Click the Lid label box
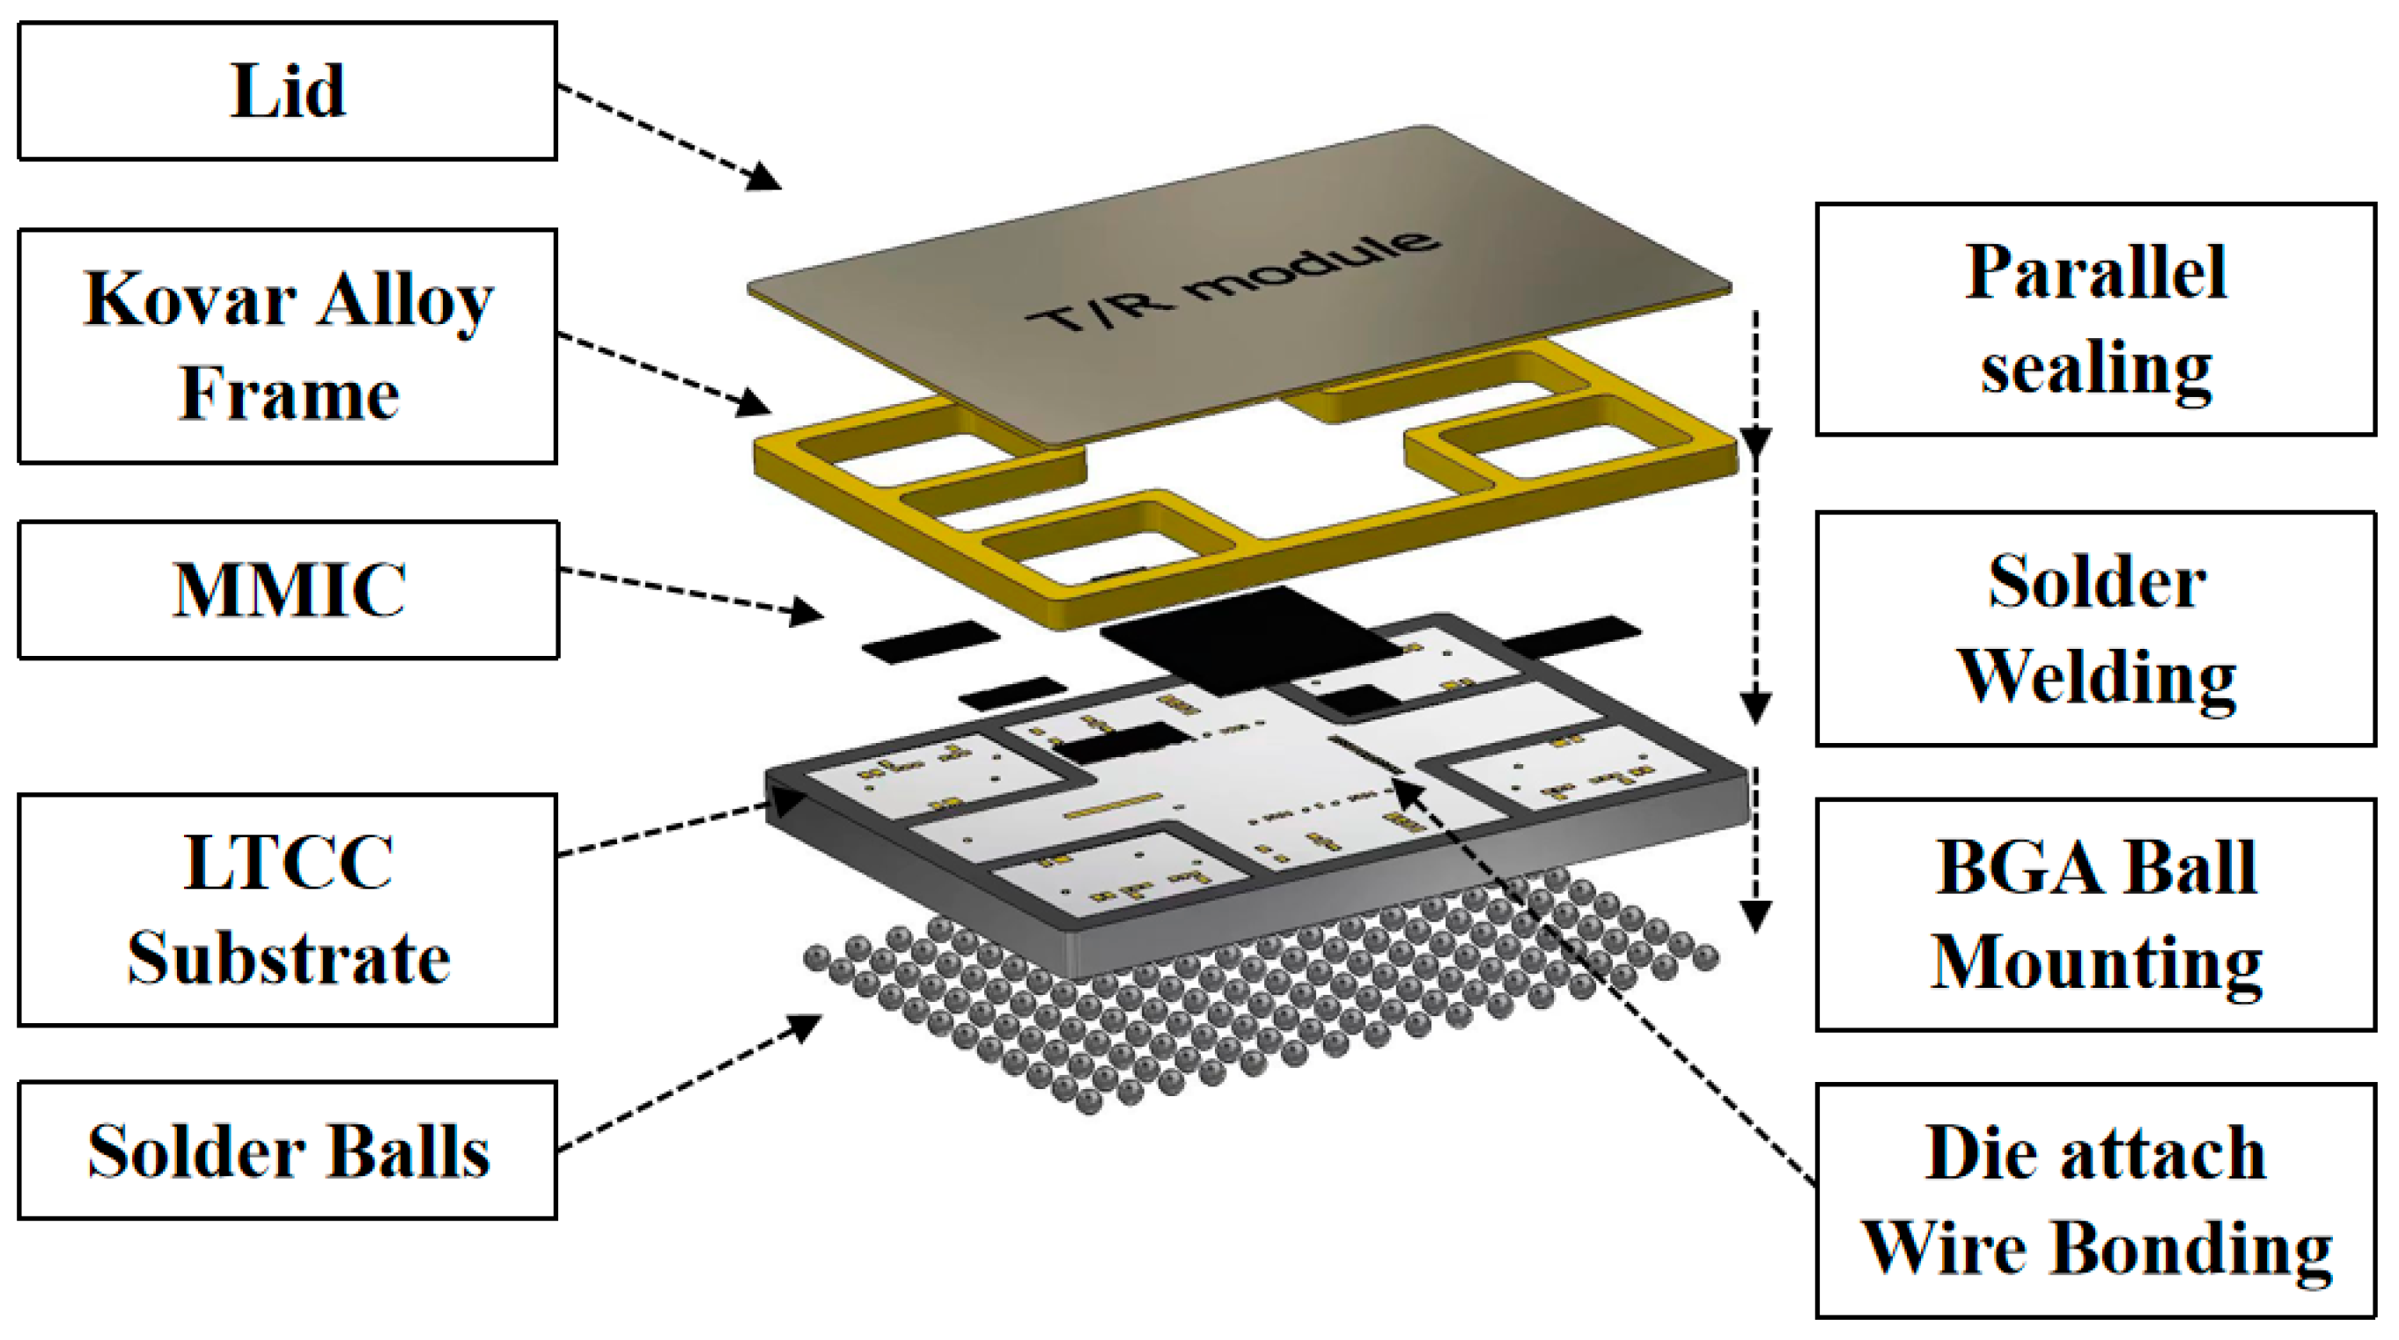coord(287,92)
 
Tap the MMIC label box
coord(288,591)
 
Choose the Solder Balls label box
coord(288,1151)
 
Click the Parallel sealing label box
coord(2094,320)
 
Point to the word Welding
coord(2096,678)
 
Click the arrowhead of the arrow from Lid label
coord(763,177)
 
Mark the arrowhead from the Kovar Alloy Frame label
coord(754,404)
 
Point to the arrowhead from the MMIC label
coord(806,613)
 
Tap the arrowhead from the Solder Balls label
coord(805,1027)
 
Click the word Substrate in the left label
coord(288,959)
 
